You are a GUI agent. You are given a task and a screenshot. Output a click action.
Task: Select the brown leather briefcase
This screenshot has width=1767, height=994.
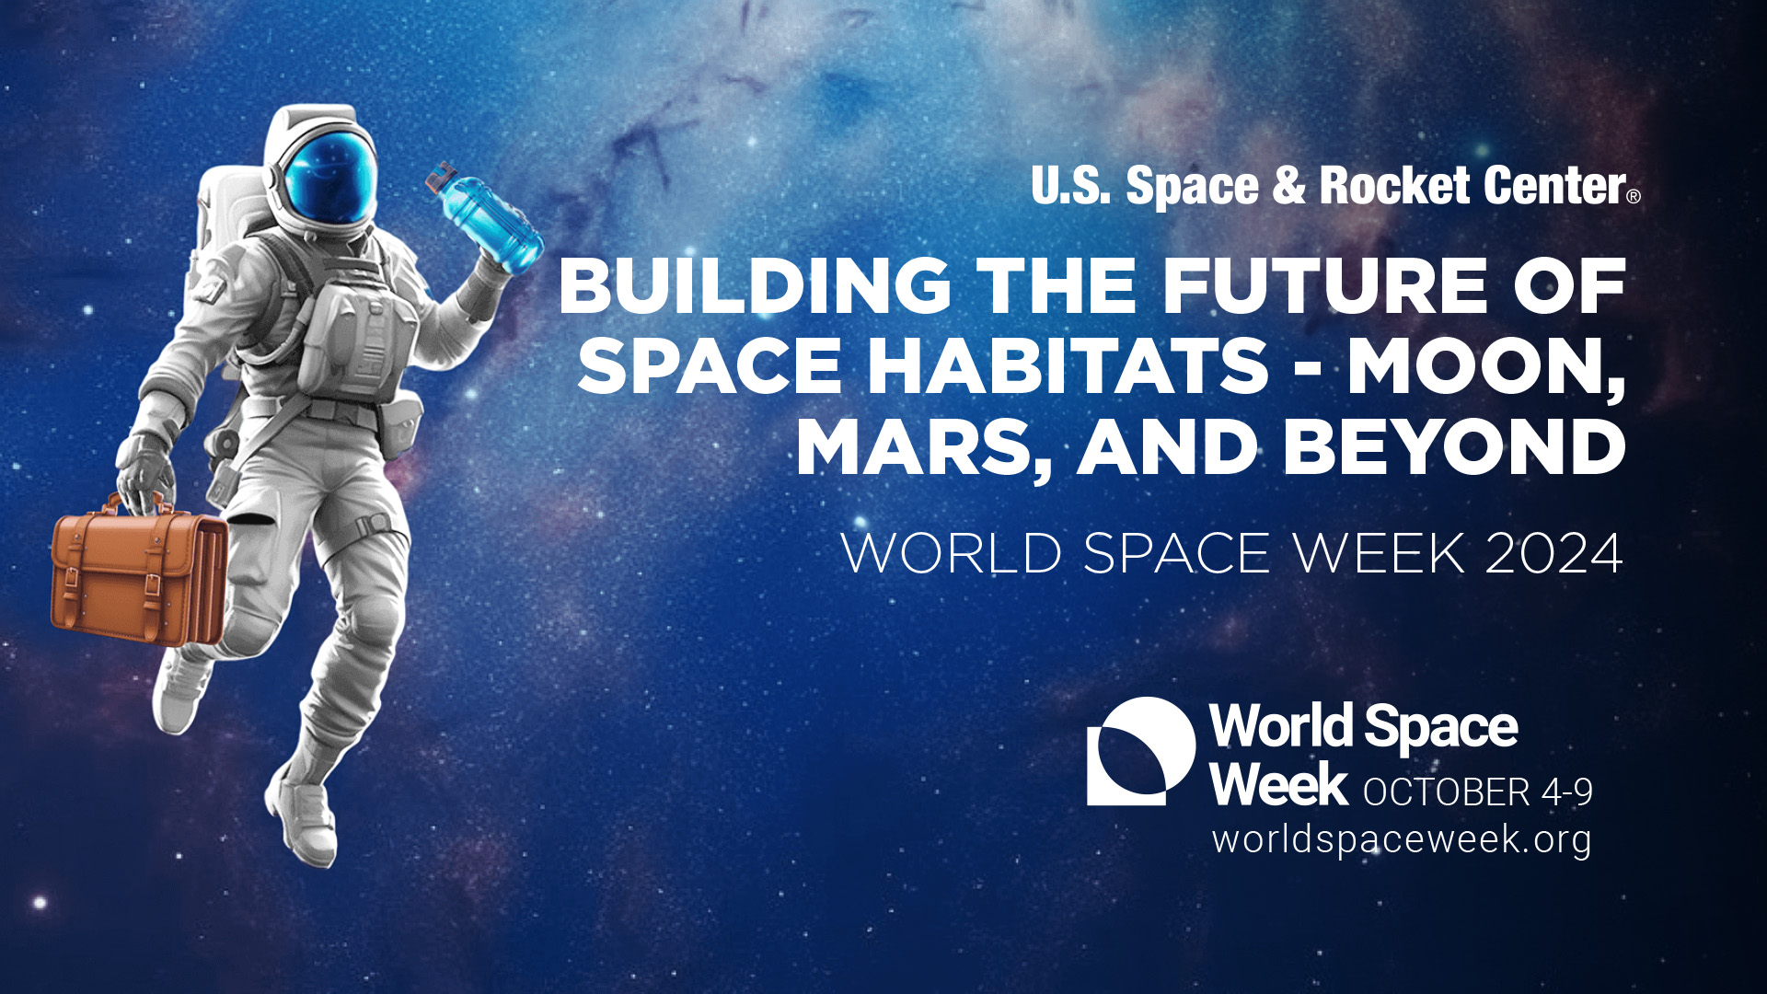click(138, 574)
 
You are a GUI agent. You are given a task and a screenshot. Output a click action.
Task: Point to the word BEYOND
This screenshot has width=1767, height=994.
click(1454, 447)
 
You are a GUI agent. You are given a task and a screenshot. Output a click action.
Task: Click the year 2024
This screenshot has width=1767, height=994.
click(1553, 553)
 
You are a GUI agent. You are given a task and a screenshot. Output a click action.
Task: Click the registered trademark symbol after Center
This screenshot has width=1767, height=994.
click(1634, 196)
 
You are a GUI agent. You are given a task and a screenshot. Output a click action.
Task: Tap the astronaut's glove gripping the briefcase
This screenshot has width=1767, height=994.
click(144, 471)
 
